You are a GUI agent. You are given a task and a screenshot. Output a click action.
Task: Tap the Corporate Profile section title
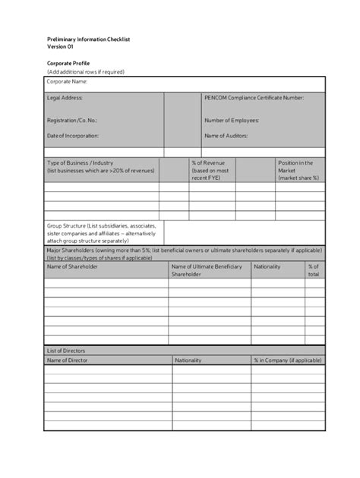click(x=68, y=63)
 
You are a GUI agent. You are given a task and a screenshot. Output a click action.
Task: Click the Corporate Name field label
click(x=67, y=81)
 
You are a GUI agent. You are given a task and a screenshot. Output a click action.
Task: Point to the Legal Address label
click(x=65, y=98)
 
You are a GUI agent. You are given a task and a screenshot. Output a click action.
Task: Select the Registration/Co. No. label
click(x=72, y=120)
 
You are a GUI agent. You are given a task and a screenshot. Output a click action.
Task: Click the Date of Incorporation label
click(x=73, y=136)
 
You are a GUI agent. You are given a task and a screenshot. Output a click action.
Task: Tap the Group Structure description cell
click(x=103, y=232)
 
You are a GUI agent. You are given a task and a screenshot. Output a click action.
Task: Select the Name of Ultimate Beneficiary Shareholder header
click(x=207, y=270)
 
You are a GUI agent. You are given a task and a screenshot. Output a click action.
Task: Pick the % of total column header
click(x=313, y=270)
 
